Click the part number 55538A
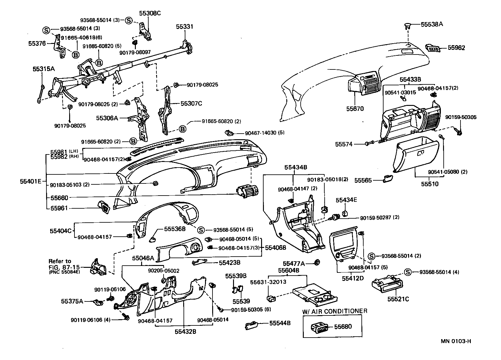tap(432, 24)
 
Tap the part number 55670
tap(355, 109)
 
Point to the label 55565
tap(363, 180)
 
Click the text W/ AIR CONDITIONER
tap(335, 311)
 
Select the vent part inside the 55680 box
tap(319, 327)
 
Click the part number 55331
tap(184, 27)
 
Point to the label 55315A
tap(44, 69)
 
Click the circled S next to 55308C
tap(129, 20)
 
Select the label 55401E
tap(31, 181)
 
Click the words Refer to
tap(60, 261)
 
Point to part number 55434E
tap(346, 200)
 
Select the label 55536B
tap(175, 229)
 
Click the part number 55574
tap(344, 144)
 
